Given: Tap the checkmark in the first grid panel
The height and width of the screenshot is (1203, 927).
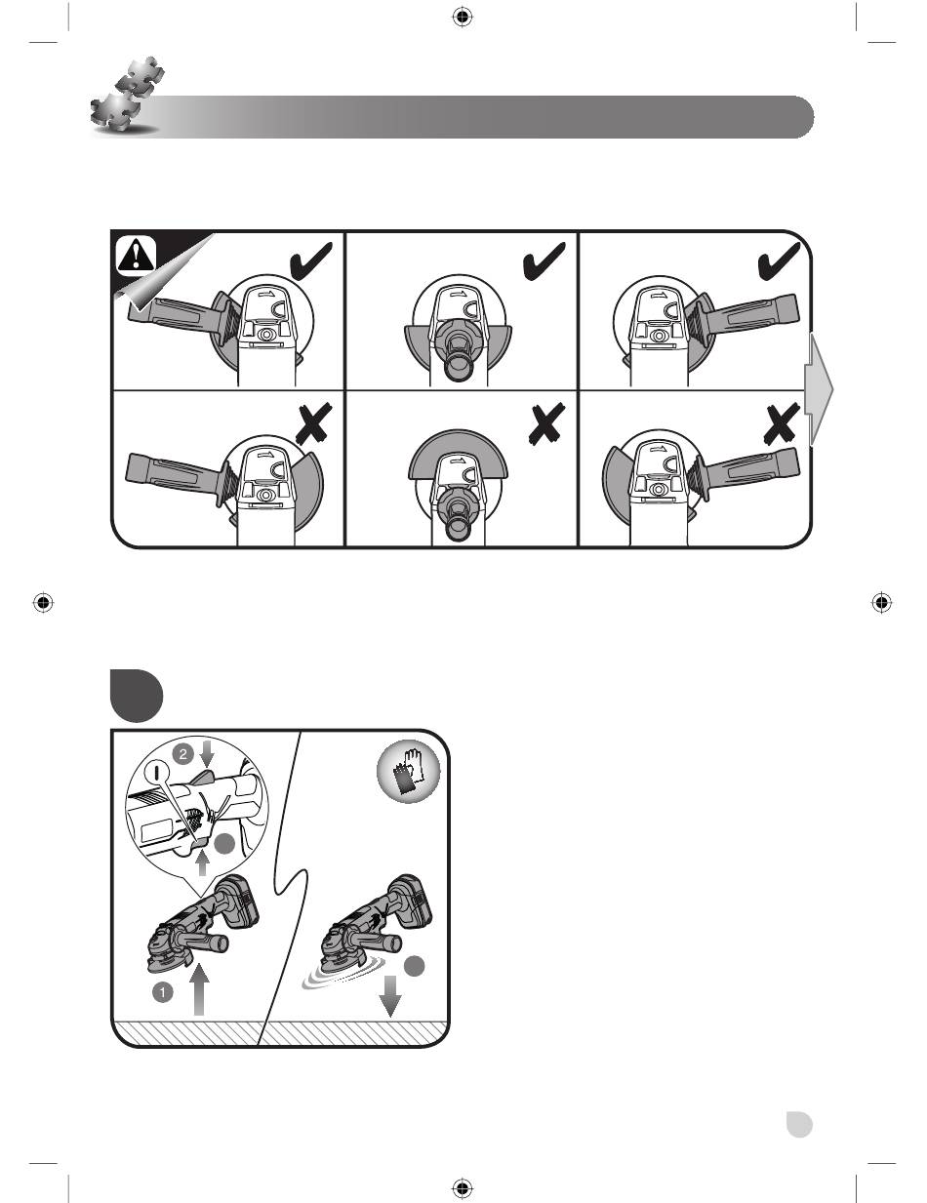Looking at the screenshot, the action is click(311, 261).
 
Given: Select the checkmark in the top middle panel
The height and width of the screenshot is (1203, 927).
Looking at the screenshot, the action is click(544, 261).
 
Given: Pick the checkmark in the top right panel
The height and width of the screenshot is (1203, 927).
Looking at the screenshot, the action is click(779, 261).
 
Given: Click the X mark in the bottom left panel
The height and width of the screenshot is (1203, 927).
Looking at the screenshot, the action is click(313, 424).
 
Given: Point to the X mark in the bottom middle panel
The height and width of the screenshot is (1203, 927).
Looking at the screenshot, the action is click(546, 424).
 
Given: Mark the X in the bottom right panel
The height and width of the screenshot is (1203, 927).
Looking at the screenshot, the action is click(781, 424).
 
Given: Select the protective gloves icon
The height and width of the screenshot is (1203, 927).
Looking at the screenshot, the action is click(409, 772).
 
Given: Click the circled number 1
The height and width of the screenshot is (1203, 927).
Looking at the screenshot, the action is click(162, 992).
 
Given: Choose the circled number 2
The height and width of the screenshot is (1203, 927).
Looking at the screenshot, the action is click(182, 753).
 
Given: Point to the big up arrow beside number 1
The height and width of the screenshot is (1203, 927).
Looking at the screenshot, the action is click(199, 990).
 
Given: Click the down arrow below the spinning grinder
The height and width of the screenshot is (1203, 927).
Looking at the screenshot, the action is click(390, 996).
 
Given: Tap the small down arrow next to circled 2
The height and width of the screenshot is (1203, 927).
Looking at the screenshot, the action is click(207, 755).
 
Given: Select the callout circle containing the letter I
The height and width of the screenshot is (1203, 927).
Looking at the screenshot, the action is click(157, 771).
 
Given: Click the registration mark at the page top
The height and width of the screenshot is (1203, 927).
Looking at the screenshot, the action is click(463, 18).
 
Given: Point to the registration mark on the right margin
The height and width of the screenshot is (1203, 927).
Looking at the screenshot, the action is click(882, 602).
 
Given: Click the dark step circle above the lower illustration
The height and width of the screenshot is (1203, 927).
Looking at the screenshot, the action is click(137, 696).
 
